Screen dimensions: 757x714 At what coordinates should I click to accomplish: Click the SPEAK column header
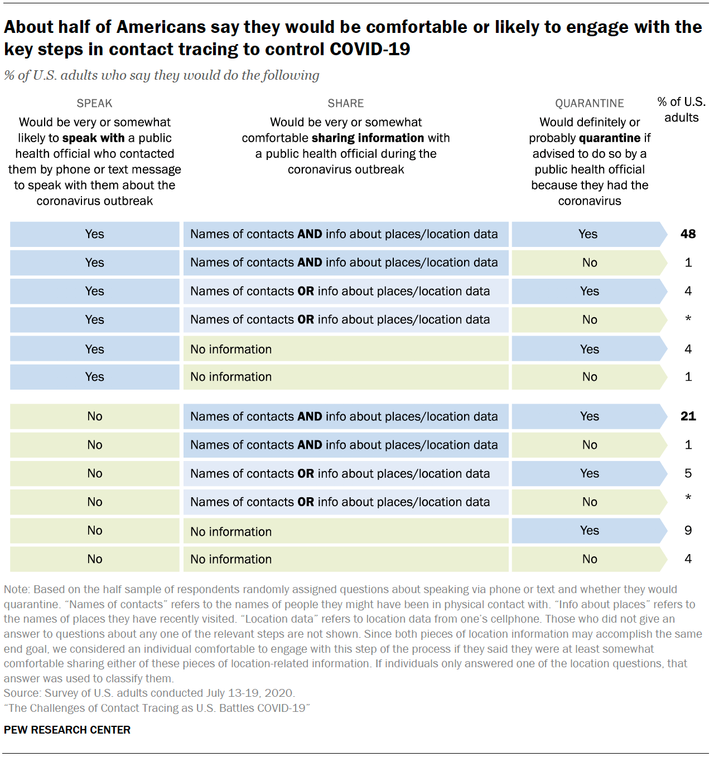pyautogui.click(x=94, y=103)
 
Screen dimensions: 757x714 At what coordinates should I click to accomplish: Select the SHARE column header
pyautogui.click(x=345, y=103)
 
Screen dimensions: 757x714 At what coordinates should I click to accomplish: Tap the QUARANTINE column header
pyautogui.click(x=589, y=103)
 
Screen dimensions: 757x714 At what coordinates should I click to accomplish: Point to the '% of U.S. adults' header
pyautogui.click(x=681, y=109)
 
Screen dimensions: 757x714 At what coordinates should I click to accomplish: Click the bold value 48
pyautogui.click(x=688, y=234)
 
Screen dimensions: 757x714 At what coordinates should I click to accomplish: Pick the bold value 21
pyautogui.click(x=688, y=416)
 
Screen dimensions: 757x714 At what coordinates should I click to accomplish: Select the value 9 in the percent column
pyautogui.click(x=688, y=531)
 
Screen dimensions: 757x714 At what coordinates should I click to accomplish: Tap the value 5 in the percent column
pyautogui.click(x=688, y=473)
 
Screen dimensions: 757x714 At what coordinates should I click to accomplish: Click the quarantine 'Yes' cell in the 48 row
pyautogui.click(x=588, y=234)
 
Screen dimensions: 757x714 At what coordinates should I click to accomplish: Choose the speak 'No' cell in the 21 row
pyautogui.click(x=95, y=416)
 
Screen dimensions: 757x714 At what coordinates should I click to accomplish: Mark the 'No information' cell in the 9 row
pyautogui.click(x=231, y=532)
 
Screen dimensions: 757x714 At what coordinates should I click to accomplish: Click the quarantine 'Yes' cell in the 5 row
pyautogui.click(x=589, y=473)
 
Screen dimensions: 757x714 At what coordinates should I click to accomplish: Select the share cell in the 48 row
pyautogui.click(x=344, y=234)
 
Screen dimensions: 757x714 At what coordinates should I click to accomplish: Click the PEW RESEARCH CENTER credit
pyautogui.click(x=67, y=730)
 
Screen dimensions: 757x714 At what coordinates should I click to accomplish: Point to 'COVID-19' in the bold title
pyautogui.click(x=370, y=50)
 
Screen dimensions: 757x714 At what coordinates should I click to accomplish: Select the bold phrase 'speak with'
pyautogui.click(x=93, y=138)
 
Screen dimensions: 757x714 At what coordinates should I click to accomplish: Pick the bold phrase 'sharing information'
pyautogui.click(x=368, y=138)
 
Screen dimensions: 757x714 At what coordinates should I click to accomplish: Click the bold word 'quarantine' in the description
pyautogui.click(x=610, y=138)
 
